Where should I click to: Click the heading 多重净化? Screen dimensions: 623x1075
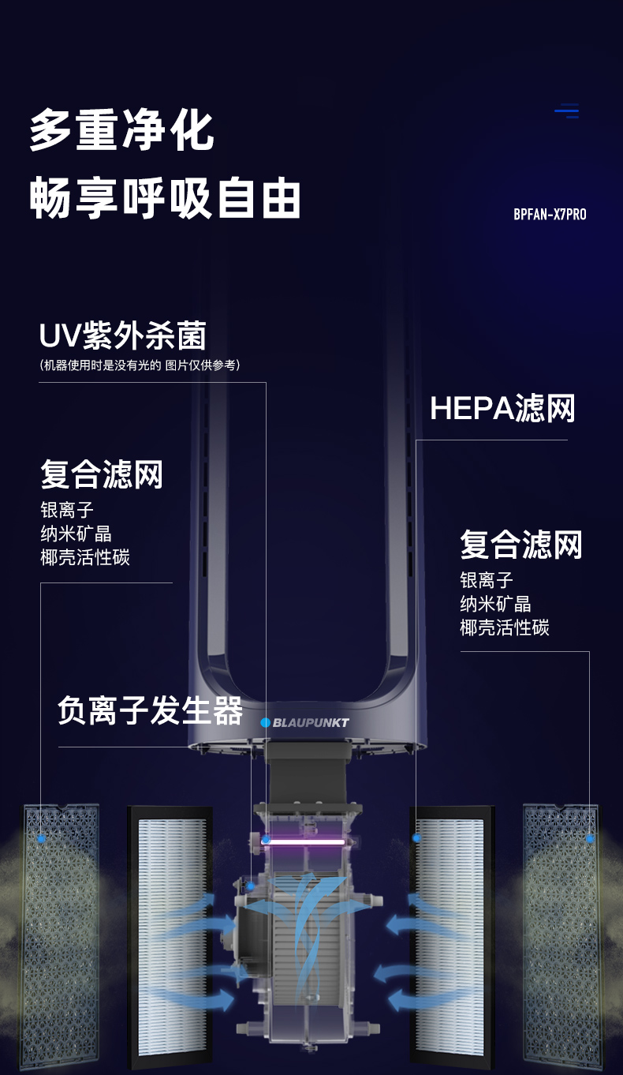122,130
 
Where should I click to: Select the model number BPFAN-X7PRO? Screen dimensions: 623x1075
550,214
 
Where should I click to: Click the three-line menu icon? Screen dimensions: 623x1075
567,111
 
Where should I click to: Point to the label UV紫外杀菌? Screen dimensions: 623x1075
123,335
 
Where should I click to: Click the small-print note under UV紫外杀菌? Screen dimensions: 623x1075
140,365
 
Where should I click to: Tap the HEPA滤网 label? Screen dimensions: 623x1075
502,408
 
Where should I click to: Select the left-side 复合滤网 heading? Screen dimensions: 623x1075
102,475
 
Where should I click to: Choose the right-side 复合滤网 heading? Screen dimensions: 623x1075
521,545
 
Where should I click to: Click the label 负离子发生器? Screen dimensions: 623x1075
150,710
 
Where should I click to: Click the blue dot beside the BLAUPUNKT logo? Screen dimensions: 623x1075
266,722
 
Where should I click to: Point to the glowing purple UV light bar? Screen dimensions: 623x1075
303,842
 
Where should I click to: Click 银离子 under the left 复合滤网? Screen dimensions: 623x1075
67,510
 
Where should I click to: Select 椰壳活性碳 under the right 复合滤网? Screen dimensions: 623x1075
505,627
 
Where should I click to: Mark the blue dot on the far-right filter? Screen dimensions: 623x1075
590,838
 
